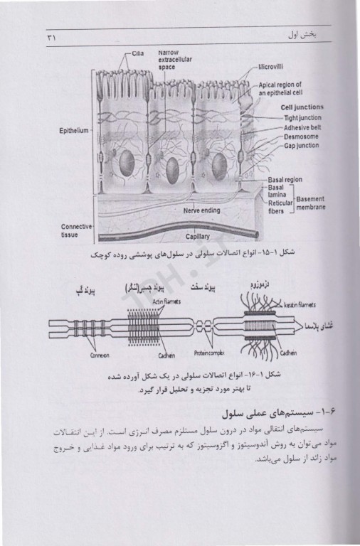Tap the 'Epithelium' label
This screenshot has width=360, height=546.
(x=74, y=131)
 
